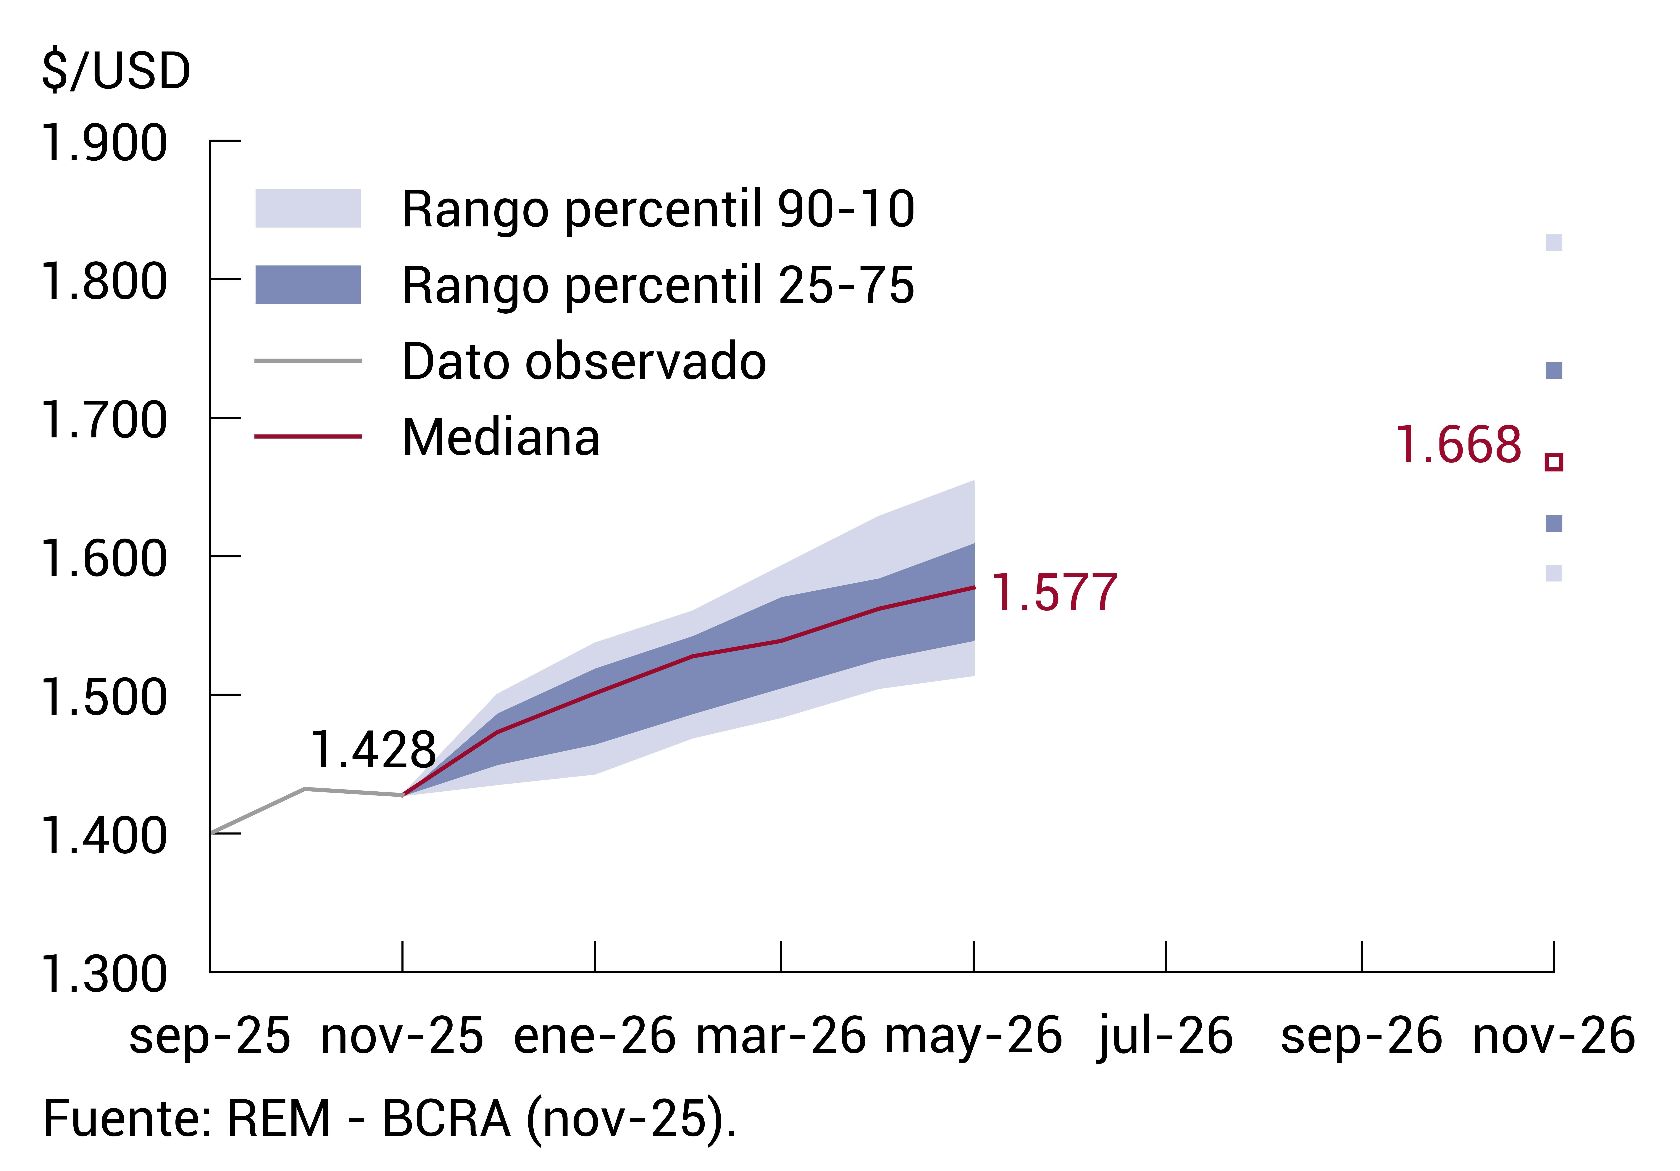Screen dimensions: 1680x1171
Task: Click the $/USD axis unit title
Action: [x=116, y=72]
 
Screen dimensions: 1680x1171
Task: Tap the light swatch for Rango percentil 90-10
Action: [x=308, y=209]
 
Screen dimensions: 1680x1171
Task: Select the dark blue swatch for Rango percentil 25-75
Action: [x=308, y=285]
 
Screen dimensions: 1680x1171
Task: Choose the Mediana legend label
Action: [x=501, y=438]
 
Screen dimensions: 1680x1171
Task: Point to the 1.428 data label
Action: [x=374, y=751]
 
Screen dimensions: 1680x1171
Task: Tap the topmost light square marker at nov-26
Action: [x=1554, y=242]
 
